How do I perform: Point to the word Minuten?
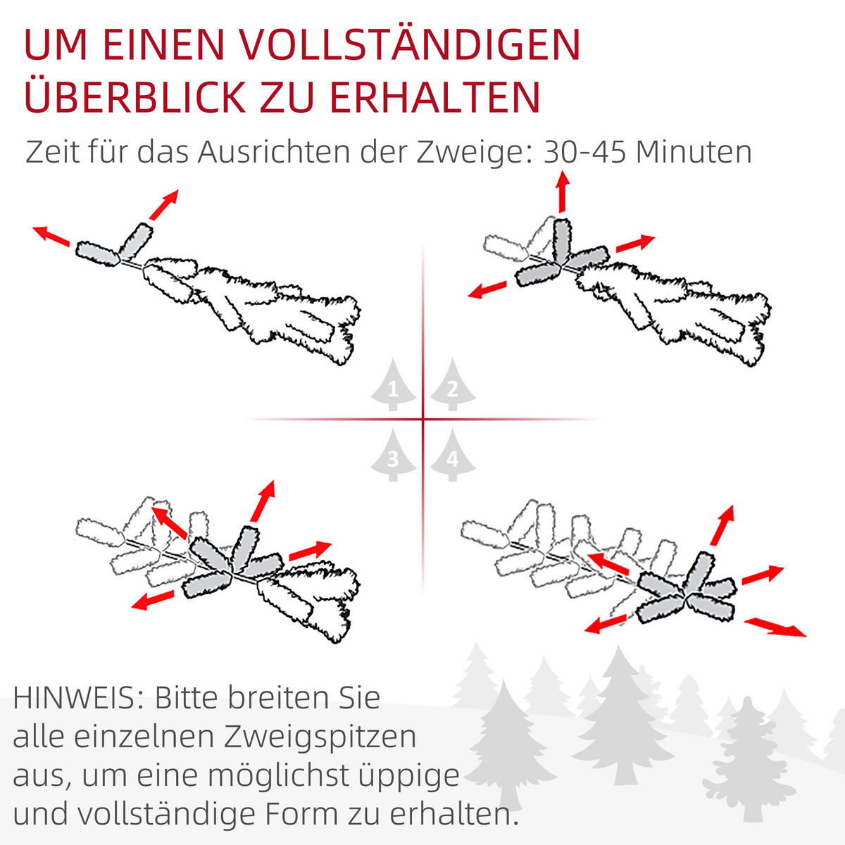click(694, 152)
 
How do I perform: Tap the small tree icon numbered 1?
click(393, 386)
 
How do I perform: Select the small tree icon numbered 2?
click(453, 386)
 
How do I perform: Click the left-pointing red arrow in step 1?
click(51, 236)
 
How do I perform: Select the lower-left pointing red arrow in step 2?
click(488, 289)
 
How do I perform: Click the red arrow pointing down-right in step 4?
click(775, 627)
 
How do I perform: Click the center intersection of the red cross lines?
click(423, 420)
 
